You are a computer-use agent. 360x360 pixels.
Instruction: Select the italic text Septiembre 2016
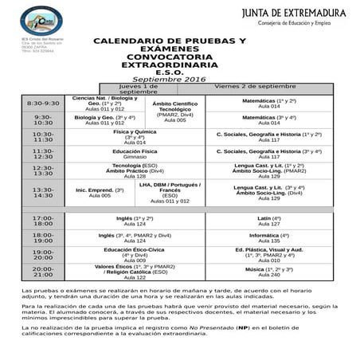click(x=169, y=80)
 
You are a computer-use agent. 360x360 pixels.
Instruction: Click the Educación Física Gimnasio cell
click(x=135, y=153)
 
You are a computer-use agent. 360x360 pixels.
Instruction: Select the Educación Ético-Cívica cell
click(x=135, y=254)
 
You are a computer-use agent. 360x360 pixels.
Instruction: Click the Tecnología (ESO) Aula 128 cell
click(x=135, y=169)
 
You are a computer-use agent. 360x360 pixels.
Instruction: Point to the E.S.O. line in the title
click(x=169, y=72)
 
